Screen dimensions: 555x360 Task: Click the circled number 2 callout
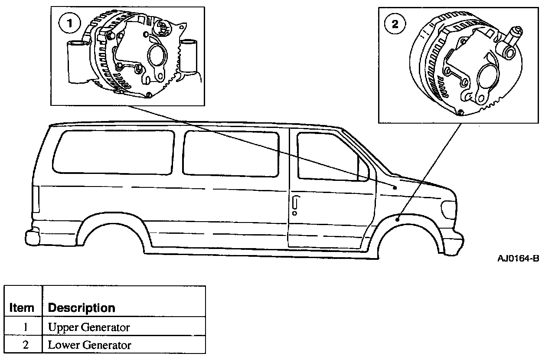(395, 24)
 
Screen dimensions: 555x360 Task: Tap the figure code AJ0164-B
(518, 259)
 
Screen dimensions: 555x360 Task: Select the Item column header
(22, 308)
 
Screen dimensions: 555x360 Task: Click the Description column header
(82, 308)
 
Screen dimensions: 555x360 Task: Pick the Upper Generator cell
(89, 327)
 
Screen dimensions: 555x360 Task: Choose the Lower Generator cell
(89, 345)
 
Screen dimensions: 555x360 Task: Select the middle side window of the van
(231, 154)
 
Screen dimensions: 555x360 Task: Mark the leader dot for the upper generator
(395, 188)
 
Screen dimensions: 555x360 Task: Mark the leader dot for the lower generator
(398, 220)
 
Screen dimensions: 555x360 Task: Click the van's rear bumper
(32, 237)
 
